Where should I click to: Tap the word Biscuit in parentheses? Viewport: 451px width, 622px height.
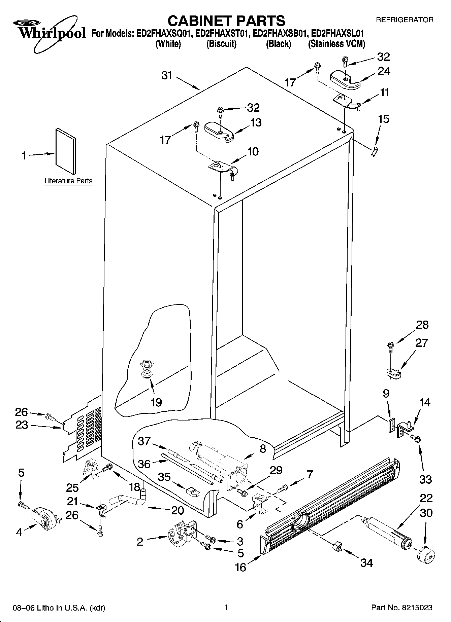[x=221, y=44]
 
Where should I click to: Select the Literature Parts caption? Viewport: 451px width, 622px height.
[x=68, y=181]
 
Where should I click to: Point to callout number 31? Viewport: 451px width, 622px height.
[x=167, y=75]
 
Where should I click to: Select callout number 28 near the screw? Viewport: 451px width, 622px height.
[x=422, y=325]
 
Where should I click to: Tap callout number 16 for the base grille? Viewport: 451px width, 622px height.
[x=240, y=567]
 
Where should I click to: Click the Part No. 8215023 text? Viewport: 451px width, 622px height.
[x=401, y=608]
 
